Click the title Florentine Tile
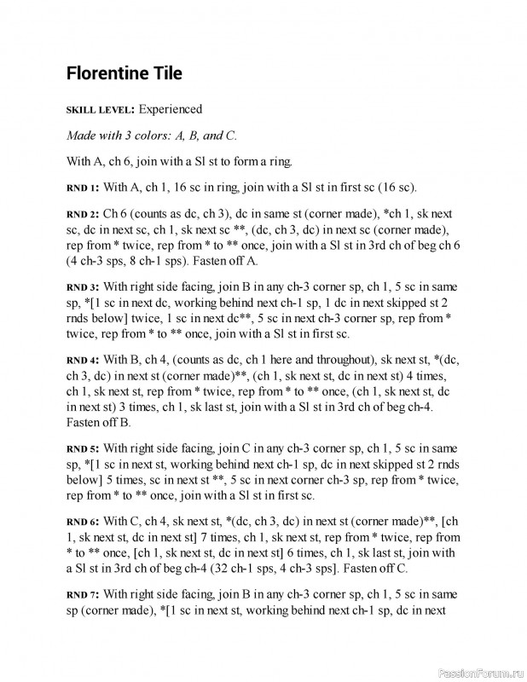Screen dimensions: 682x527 click(x=124, y=73)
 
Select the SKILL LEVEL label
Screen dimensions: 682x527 click(x=100, y=110)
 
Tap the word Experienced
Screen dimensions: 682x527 click(x=171, y=109)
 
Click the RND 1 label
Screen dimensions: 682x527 click(x=83, y=187)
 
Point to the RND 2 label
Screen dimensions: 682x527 click(x=83, y=213)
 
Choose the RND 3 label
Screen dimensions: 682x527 click(x=83, y=287)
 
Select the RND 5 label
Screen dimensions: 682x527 click(x=83, y=448)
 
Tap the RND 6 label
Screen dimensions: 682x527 click(x=83, y=521)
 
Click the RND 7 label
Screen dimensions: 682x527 click(x=83, y=594)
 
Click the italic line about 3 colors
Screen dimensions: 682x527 click(x=152, y=135)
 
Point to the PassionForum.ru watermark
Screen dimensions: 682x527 click(x=480, y=672)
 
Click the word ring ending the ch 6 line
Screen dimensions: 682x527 click(x=280, y=160)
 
